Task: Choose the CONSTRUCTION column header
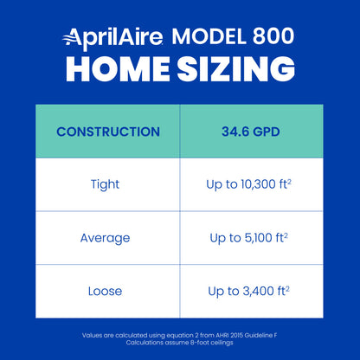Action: click(x=107, y=132)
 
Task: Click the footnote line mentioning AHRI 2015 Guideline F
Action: click(x=180, y=334)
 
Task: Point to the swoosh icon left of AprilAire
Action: click(x=72, y=36)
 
